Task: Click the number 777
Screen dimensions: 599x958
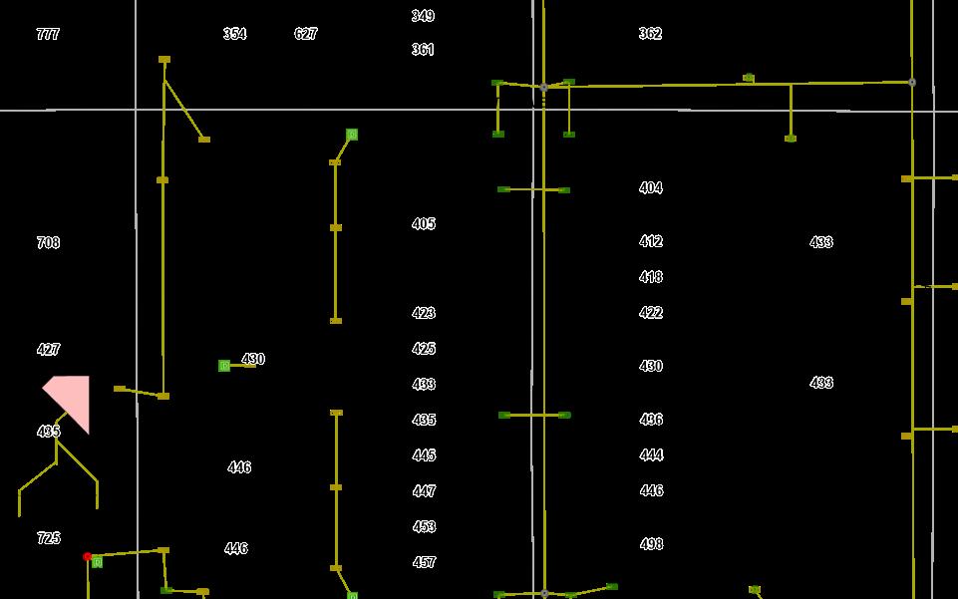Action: click(x=48, y=34)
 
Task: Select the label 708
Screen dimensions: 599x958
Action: click(x=48, y=243)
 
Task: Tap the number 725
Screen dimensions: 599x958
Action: click(x=48, y=538)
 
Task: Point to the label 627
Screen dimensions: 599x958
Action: click(x=306, y=34)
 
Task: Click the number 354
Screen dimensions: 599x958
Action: click(x=234, y=34)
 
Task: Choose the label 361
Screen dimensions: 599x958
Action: click(x=423, y=50)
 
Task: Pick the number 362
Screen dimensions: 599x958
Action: click(x=650, y=34)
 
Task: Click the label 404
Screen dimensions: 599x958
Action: click(x=651, y=188)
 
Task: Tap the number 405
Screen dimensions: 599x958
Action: click(x=424, y=224)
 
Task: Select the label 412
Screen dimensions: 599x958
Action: click(x=651, y=242)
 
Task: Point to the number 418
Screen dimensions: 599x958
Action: click(x=651, y=277)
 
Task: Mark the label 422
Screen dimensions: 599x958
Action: click(x=651, y=313)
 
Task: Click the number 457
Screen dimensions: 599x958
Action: click(x=424, y=563)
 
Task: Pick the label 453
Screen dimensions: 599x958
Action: click(x=424, y=527)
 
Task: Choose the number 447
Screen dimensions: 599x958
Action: click(x=424, y=491)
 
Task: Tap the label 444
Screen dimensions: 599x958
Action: click(x=651, y=455)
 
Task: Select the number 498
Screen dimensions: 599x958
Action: click(x=651, y=544)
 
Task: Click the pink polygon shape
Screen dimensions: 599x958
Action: click(x=73, y=398)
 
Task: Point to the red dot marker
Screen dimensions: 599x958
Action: click(x=88, y=556)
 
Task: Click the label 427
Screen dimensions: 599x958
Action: click(x=48, y=350)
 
